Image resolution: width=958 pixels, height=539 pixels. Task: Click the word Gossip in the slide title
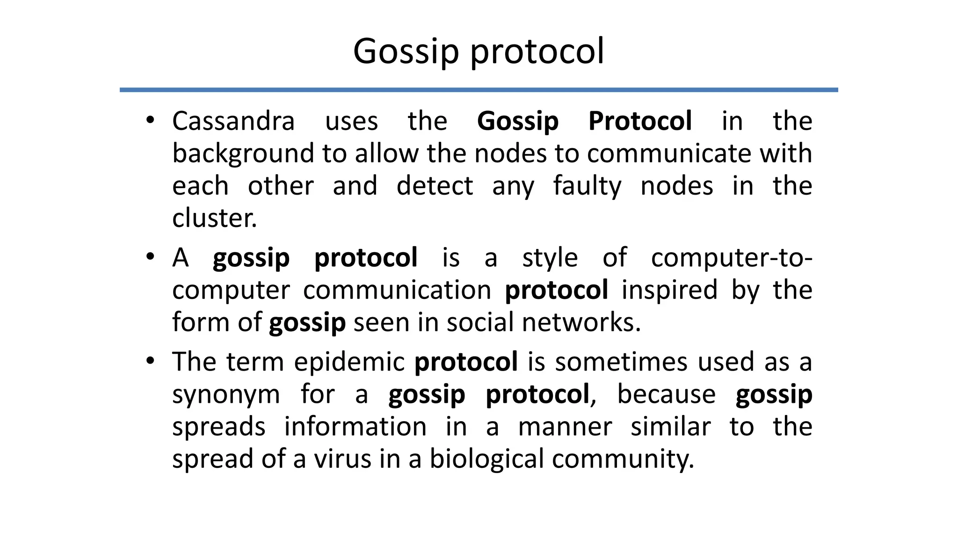click(x=406, y=51)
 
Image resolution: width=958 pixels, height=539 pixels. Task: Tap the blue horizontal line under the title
click(x=479, y=90)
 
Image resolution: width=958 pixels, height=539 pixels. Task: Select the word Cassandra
click(x=233, y=121)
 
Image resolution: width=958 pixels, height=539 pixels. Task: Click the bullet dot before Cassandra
click(x=150, y=120)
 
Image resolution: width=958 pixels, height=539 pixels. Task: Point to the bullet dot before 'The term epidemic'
click(x=150, y=361)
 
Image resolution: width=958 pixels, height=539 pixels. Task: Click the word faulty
click(x=587, y=186)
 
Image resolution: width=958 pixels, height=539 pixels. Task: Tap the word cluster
click(x=214, y=219)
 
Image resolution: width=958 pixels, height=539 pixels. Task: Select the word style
click(x=550, y=258)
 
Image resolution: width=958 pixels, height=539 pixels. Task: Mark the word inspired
click(x=669, y=290)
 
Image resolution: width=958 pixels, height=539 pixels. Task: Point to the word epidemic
click(x=349, y=362)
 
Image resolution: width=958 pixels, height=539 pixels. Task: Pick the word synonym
click(x=226, y=395)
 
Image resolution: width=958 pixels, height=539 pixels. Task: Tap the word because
click(x=666, y=394)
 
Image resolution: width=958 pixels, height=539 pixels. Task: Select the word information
click(x=355, y=427)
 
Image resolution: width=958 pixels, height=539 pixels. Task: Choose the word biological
click(x=486, y=459)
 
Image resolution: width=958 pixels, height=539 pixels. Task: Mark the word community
click(x=622, y=459)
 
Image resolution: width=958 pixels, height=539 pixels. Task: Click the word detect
click(x=435, y=186)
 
